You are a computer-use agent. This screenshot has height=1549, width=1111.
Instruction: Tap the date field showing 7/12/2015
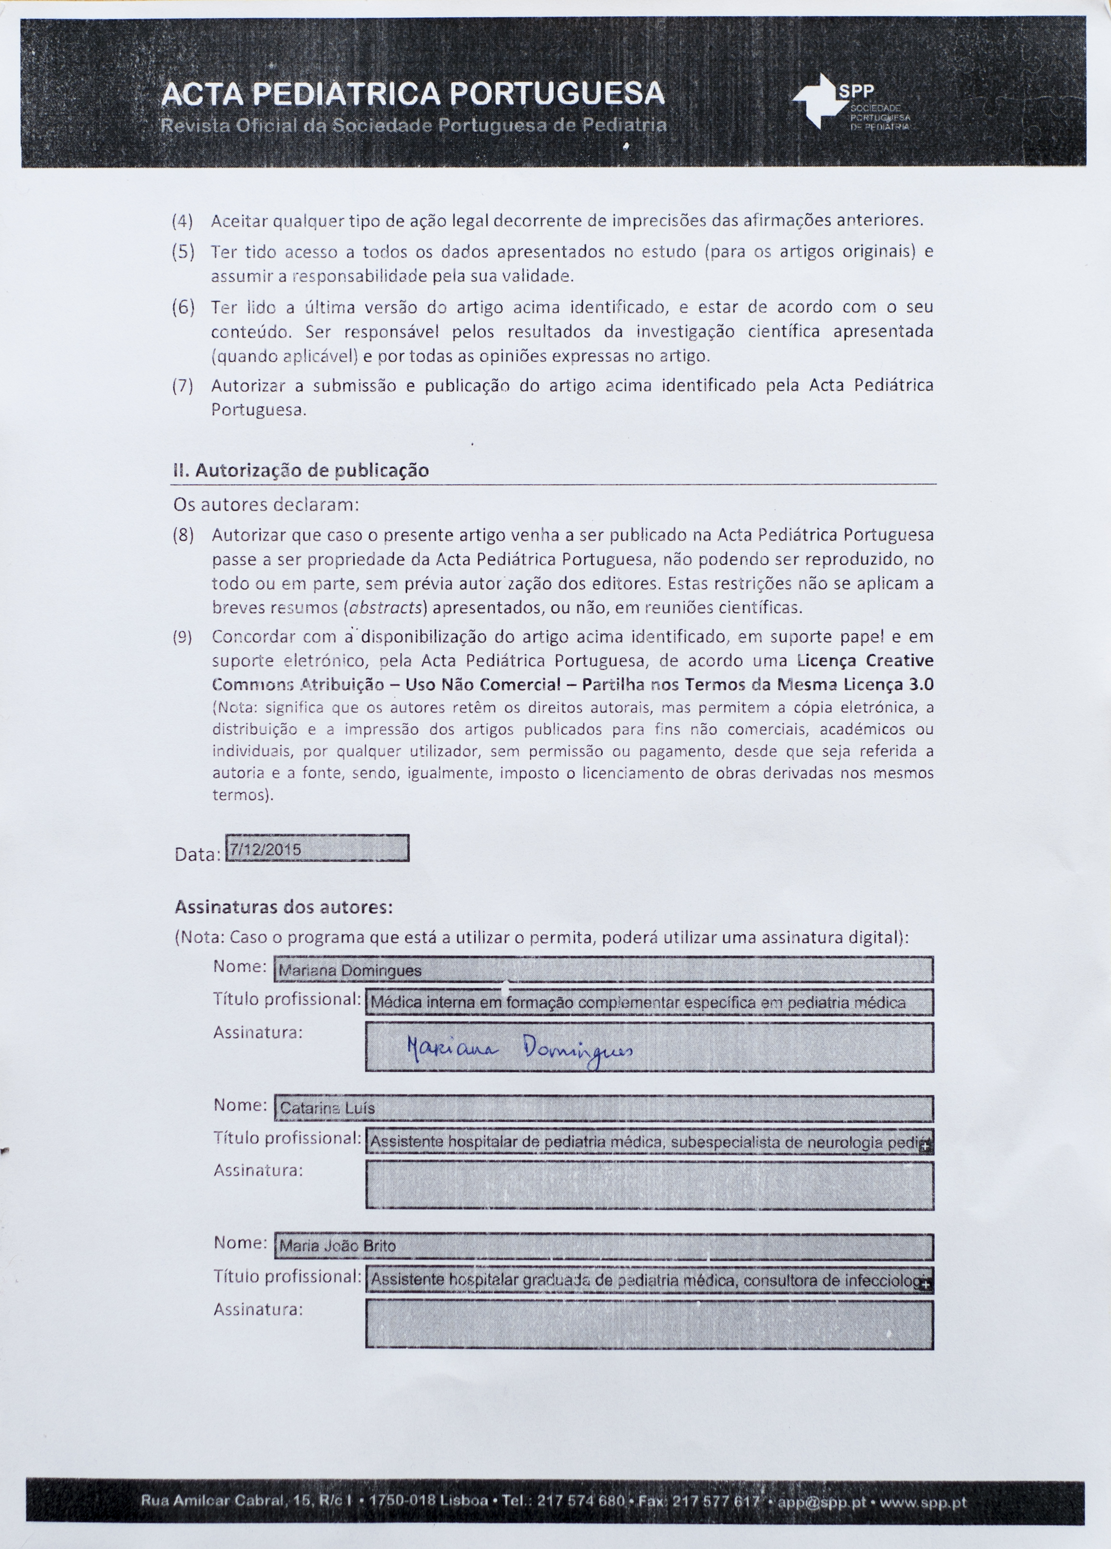point(317,849)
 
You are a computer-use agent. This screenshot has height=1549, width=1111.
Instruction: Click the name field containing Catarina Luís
point(603,1108)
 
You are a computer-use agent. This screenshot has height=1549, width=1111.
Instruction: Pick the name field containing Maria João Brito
point(603,1247)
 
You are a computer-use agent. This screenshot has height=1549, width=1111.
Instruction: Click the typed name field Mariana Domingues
point(603,970)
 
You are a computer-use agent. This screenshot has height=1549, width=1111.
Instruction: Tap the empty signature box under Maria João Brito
point(649,1324)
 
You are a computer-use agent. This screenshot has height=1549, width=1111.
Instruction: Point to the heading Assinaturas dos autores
point(284,908)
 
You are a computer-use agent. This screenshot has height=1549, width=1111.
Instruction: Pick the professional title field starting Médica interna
point(649,1003)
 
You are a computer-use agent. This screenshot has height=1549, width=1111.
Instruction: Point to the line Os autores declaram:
point(266,506)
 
